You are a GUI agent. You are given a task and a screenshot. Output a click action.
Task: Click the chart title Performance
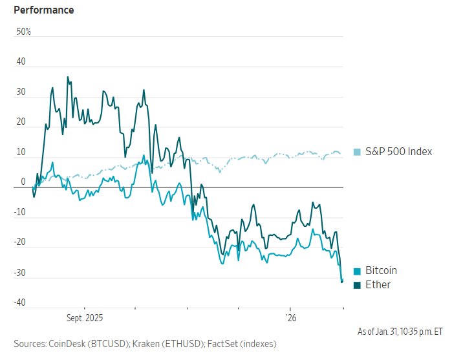click(x=44, y=10)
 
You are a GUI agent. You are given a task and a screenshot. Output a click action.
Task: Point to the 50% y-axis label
click(x=23, y=32)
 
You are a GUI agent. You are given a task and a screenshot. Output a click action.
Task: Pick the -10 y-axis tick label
click(x=21, y=212)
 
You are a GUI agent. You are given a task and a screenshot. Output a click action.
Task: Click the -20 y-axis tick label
click(x=21, y=242)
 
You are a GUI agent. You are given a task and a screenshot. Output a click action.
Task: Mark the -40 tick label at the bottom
click(x=21, y=302)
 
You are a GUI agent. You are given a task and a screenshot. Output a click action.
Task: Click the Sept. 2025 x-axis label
click(x=85, y=319)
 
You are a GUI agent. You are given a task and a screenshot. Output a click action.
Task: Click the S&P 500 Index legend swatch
click(x=357, y=152)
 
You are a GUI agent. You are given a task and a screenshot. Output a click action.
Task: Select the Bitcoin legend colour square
click(x=357, y=271)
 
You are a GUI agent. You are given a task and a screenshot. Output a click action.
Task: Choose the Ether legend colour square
click(x=357, y=284)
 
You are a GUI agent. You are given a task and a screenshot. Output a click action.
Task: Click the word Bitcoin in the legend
click(x=382, y=271)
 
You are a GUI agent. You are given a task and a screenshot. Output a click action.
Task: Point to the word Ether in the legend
click(x=378, y=284)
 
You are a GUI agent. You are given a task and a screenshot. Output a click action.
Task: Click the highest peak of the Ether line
click(x=67, y=77)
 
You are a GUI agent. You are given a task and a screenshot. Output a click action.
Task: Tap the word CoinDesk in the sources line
click(x=68, y=343)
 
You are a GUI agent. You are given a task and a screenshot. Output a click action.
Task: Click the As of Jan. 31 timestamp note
click(x=400, y=332)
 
